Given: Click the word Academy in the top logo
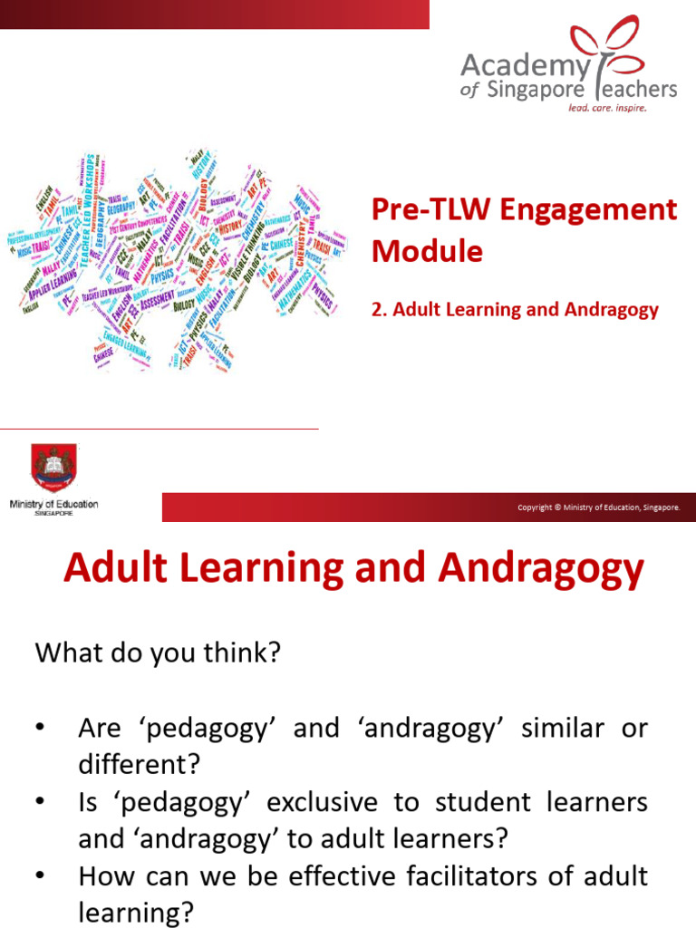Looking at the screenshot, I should [514, 66].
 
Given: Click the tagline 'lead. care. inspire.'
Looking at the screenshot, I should [607, 107].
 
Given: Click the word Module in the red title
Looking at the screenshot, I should [427, 251].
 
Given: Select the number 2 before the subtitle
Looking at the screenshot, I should [377, 310].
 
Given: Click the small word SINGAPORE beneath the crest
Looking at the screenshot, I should [53, 513].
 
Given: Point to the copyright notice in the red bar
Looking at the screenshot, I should [598, 507].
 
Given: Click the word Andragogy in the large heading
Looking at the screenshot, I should [541, 569].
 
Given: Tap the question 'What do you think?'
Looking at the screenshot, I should [158, 653].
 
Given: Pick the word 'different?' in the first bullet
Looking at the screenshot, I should [138, 765].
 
